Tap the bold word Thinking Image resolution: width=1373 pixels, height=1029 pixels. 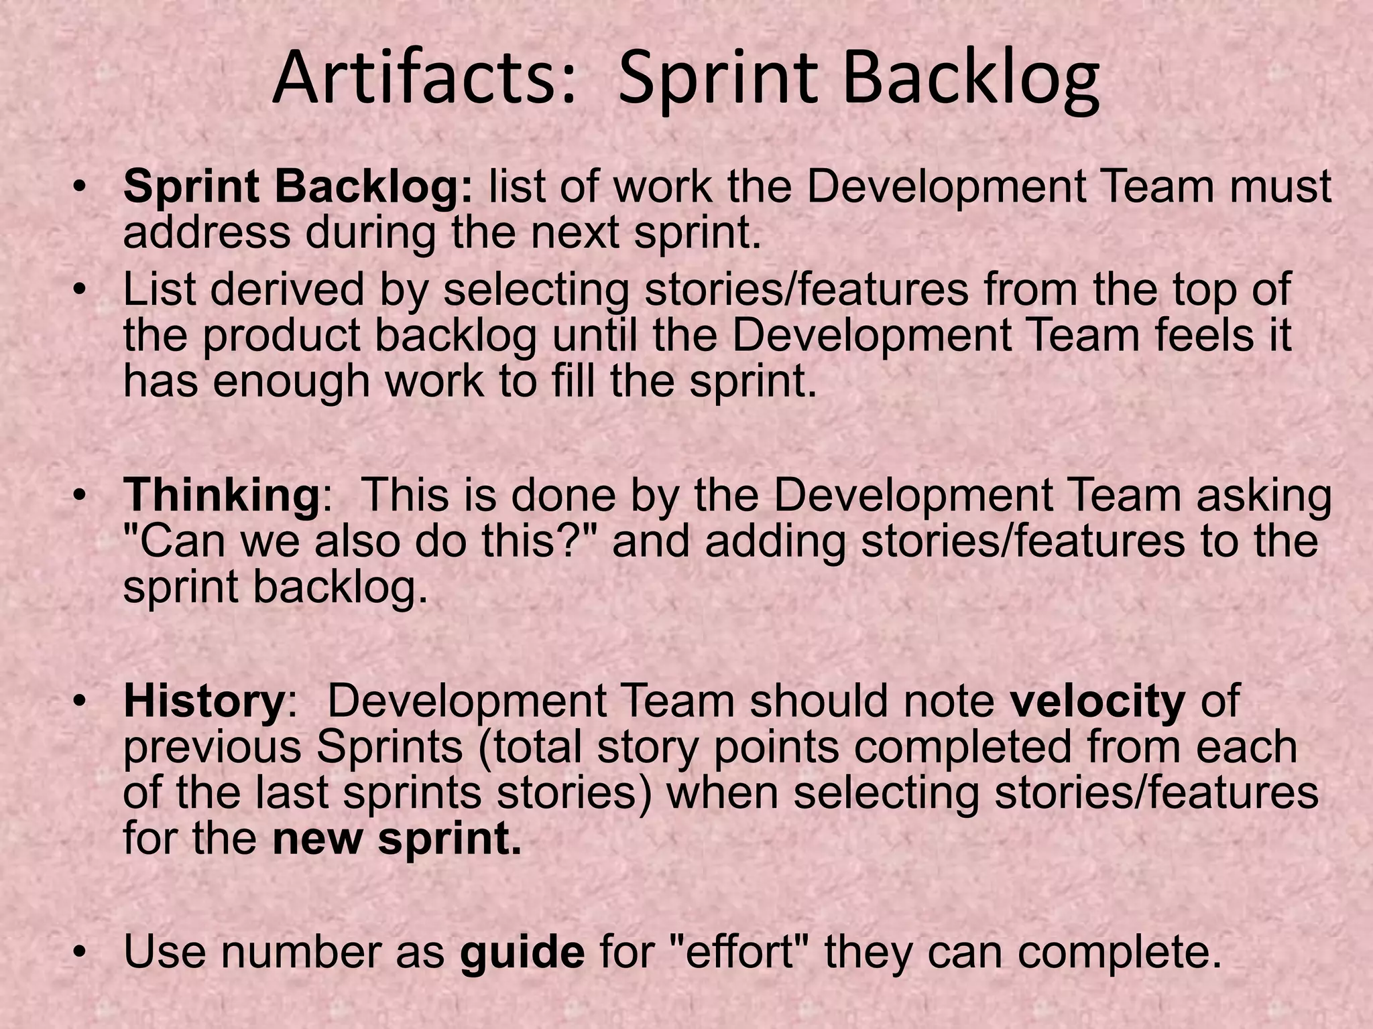221,496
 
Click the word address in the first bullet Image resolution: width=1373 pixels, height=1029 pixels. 206,232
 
